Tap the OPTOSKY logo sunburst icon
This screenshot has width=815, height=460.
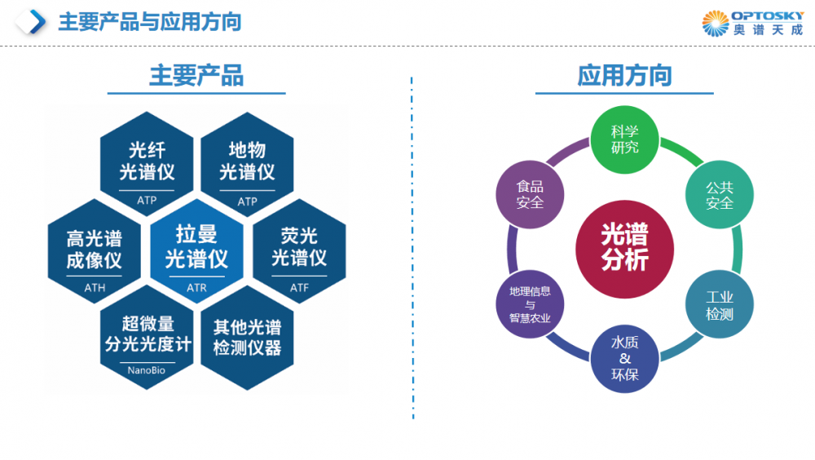click(x=716, y=23)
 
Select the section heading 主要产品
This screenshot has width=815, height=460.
click(x=196, y=76)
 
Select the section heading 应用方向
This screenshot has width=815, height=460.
click(x=624, y=76)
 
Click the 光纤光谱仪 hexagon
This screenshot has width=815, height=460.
click(x=147, y=163)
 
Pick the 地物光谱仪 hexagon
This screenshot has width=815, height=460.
click(x=248, y=163)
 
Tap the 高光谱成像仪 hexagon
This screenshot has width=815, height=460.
click(x=95, y=250)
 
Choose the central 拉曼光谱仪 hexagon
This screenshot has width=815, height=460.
click(x=196, y=249)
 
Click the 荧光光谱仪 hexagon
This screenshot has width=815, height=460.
click(x=299, y=249)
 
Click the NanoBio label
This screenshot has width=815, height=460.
click(x=147, y=370)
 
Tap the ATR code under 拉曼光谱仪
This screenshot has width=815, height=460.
click(x=196, y=287)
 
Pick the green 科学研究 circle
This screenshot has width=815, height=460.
click(x=625, y=139)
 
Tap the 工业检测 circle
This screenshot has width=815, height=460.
click(x=720, y=304)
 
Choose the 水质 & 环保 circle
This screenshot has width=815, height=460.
click(x=625, y=359)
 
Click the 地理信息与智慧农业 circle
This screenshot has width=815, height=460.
click(x=530, y=304)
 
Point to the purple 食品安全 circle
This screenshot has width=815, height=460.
click(x=530, y=194)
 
